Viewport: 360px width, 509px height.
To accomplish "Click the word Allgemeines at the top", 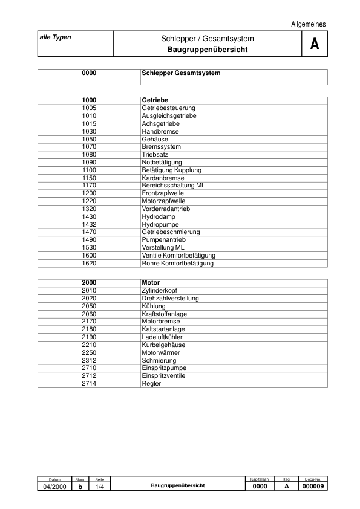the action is [308, 24].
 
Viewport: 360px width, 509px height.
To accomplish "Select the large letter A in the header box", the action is [314, 44].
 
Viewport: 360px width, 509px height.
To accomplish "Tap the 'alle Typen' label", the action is [55, 37].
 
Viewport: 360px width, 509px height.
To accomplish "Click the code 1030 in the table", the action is [89, 131].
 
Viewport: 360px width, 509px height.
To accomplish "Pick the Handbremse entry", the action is [160, 131].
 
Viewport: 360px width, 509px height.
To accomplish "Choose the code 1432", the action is [89, 224].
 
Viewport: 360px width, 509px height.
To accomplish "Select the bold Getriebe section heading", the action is [155, 100].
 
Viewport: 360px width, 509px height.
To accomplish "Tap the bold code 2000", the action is [89, 282].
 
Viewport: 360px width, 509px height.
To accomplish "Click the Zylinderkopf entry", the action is [159, 290].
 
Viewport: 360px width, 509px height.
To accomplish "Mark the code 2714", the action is [89, 383].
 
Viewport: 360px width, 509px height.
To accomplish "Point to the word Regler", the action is [151, 383].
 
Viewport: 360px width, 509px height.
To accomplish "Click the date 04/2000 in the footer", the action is [54, 486].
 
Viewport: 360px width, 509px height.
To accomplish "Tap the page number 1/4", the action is [100, 486].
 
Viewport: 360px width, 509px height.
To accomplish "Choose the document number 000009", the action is [313, 486].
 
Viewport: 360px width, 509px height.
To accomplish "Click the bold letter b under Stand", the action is [80, 486].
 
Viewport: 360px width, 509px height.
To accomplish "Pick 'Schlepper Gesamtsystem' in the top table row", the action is [181, 73].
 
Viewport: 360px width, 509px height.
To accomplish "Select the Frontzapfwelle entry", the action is [163, 193].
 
